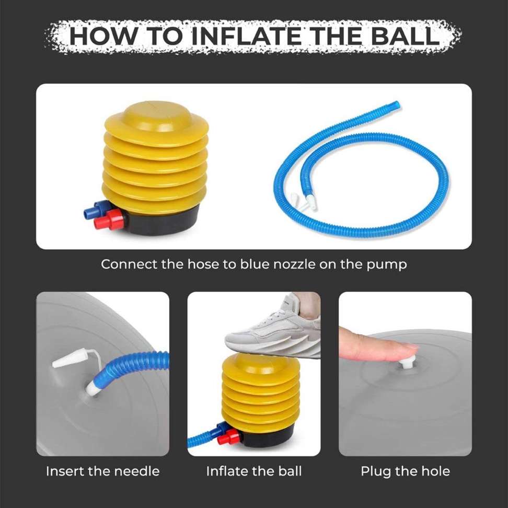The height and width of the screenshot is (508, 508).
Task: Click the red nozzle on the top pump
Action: (x=111, y=221)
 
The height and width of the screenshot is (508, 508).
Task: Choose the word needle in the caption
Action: (x=136, y=471)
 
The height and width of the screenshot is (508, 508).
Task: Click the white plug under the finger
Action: (x=406, y=362)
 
